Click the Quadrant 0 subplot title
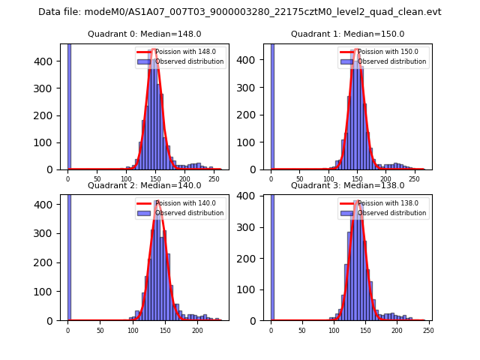145,34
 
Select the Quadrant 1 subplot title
347,34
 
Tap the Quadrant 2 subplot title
145,185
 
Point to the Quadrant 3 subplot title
347,185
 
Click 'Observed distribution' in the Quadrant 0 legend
189,61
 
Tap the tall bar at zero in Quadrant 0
69,105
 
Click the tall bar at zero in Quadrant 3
271,255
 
